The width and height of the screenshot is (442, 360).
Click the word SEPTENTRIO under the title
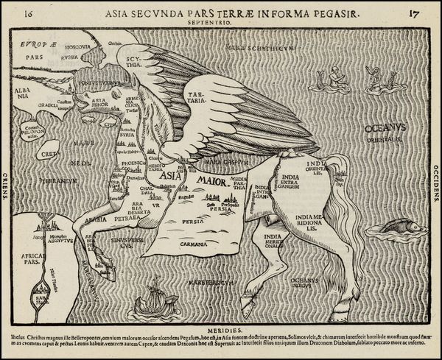pos(219,22)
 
